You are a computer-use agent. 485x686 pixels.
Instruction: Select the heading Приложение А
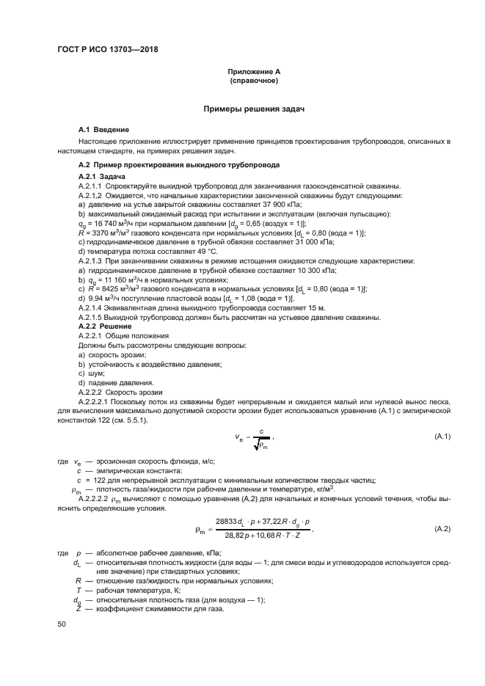click(x=253, y=72)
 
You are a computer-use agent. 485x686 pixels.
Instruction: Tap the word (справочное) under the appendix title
click(x=253, y=81)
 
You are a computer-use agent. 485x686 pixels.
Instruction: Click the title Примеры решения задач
click(x=253, y=109)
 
